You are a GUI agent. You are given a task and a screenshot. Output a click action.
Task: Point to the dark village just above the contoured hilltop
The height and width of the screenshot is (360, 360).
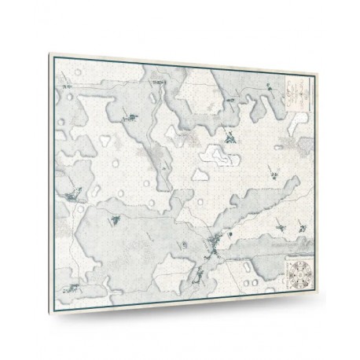229,139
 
